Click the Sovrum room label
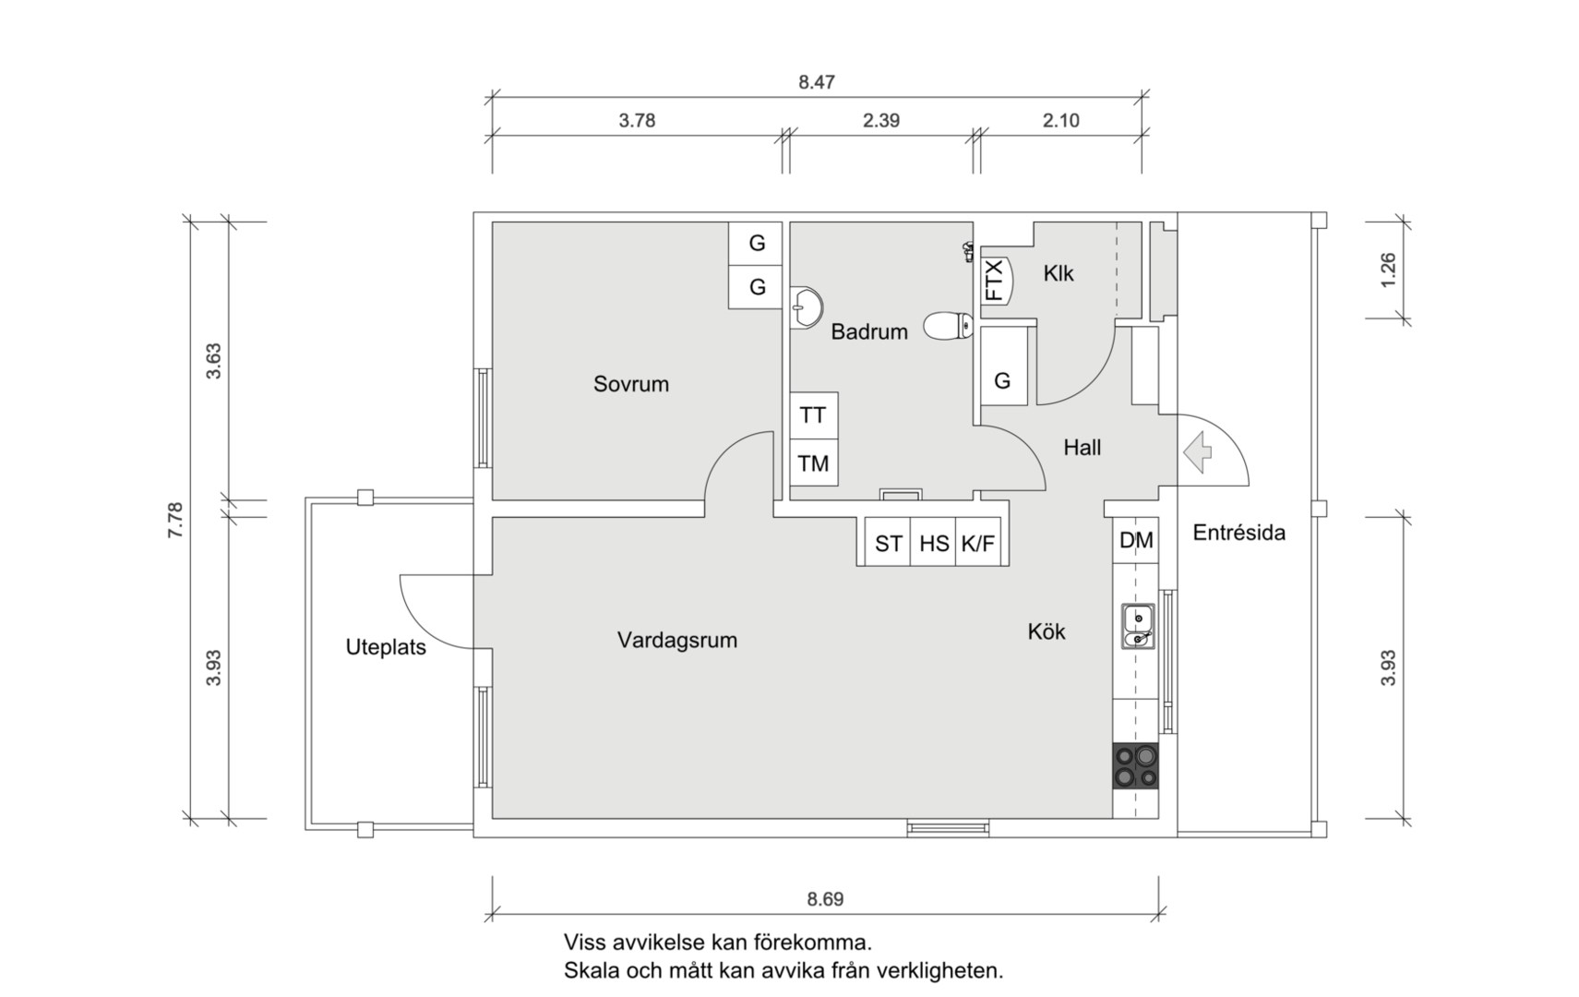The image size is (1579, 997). click(630, 384)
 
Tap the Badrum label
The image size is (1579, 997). click(868, 331)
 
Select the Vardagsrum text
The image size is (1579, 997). click(676, 640)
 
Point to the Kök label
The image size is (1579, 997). click(1046, 631)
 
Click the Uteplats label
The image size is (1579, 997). click(386, 647)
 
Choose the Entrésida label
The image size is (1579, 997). click(1238, 533)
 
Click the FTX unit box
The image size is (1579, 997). click(996, 280)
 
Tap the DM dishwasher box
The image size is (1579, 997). click(1135, 541)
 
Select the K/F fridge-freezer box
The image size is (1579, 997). click(978, 544)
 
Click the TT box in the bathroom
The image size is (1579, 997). click(813, 415)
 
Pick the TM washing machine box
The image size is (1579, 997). click(813, 463)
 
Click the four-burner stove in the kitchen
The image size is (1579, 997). click(1135, 766)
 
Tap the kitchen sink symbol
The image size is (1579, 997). click(1137, 627)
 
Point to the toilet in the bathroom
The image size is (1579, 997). click(948, 325)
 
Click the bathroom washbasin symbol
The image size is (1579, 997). click(807, 306)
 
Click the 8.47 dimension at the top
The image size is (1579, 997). click(817, 82)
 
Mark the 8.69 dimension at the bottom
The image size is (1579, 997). click(825, 899)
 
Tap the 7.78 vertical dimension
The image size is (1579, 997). click(175, 521)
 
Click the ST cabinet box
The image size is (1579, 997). click(888, 544)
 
